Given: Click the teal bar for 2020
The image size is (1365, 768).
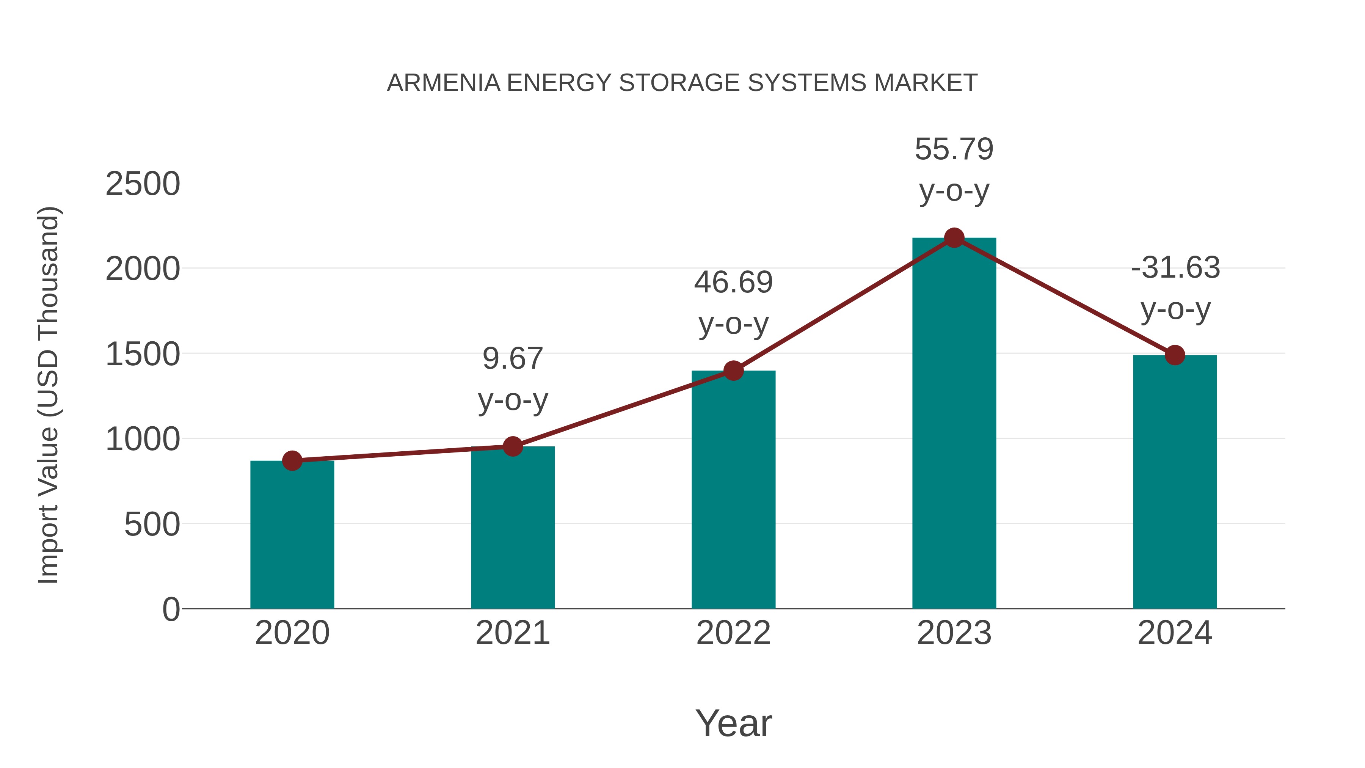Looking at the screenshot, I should tap(292, 535).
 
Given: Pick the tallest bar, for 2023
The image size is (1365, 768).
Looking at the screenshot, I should tap(954, 424).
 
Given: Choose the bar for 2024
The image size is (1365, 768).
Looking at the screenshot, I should tap(1175, 482).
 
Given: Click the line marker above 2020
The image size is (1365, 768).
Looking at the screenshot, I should tap(292, 460).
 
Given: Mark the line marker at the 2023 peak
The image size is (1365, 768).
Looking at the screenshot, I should tap(954, 238).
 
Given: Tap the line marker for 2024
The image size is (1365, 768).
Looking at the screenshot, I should tap(1175, 355).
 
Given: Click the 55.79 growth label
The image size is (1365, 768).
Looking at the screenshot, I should tap(954, 149).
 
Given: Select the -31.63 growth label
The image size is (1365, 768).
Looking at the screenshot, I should tap(1175, 268).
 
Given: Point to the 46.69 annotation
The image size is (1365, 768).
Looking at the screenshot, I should tap(733, 283).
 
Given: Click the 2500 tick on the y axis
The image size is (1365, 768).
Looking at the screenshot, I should tap(143, 184).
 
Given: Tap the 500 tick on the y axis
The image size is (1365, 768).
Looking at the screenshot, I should tap(152, 525).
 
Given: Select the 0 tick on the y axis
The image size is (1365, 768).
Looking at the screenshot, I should tap(171, 609).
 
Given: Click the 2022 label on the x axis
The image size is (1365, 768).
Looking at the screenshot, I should tap(733, 633).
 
